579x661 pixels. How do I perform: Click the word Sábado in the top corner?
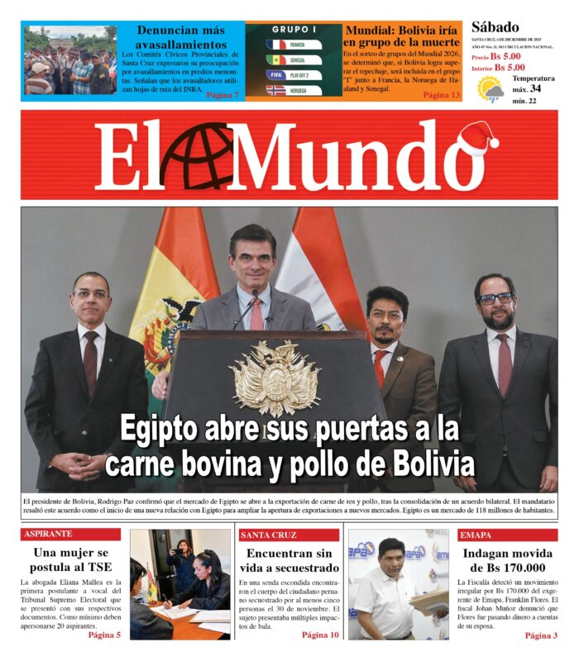(x=495, y=27)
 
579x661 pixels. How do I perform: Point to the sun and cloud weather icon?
(x=491, y=89)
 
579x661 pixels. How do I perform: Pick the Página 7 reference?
(x=223, y=95)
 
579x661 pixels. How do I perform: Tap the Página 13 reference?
(x=442, y=95)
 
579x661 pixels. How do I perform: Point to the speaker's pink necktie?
(x=256, y=312)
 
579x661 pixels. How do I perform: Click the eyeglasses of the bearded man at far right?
(x=495, y=298)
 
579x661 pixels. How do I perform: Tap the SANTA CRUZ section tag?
(x=269, y=535)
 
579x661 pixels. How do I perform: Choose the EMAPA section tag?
(x=476, y=535)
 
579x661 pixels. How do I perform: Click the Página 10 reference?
(x=320, y=635)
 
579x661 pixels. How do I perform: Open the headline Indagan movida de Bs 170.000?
(x=504, y=561)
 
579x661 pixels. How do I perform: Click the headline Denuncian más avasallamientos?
(x=180, y=37)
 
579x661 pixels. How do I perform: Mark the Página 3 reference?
(x=541, y=635)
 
